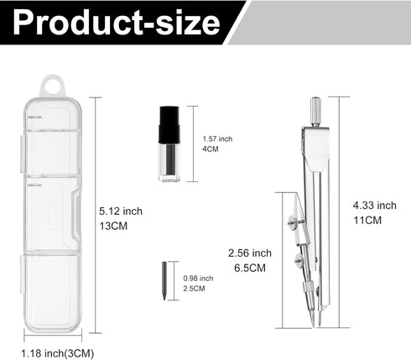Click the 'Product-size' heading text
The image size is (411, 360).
116,22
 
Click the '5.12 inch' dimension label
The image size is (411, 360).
121,211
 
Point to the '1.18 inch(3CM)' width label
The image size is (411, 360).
58,353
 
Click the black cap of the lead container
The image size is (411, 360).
169,125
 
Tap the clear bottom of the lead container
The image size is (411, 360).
169,162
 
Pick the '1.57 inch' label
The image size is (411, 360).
217,138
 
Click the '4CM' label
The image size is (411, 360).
211,149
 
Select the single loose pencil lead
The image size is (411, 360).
164,281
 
